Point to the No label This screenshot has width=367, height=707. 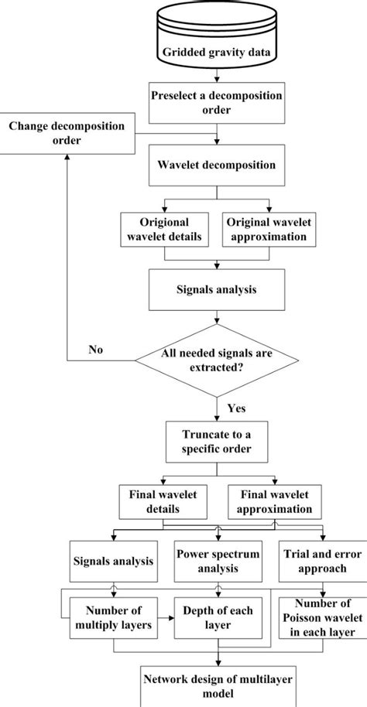94,350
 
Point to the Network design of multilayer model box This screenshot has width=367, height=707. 216,686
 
